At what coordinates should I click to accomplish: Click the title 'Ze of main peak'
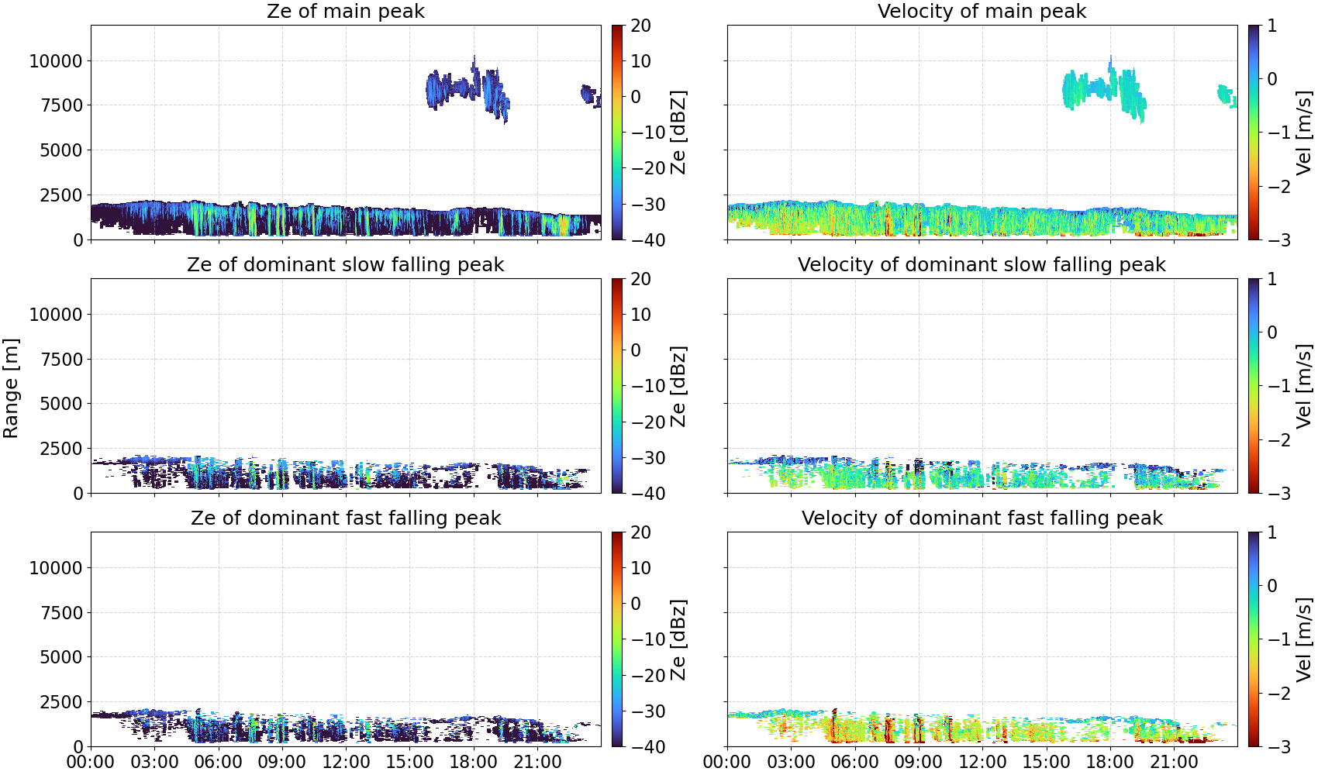[x=345, y=11]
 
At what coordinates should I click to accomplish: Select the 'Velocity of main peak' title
[x=982, y=11]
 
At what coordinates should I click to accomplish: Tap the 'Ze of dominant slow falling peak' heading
[x=345, y=264]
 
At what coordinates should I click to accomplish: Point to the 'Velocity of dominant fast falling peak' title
[x=982, y=518]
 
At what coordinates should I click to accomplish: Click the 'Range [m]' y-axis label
[x=11, y=388]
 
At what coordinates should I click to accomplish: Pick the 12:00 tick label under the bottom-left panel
[x=345, y=762]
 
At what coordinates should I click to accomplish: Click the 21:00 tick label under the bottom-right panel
[x=1174, y=762]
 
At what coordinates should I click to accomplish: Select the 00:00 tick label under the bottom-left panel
[x=91, y=762]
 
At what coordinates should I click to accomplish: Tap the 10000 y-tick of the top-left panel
[x=56, y=61]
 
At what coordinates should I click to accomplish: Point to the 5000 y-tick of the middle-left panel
[x=61, y=404]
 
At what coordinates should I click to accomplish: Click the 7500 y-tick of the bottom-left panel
[x=61, y=613]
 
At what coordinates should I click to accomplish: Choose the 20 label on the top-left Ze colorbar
[x=640, y=26]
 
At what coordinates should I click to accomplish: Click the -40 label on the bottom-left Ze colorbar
[x=648, y=747]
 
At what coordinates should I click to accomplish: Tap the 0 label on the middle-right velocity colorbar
[x=1272, y=332]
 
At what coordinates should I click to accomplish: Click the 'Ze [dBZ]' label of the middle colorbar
[x=678, y=386]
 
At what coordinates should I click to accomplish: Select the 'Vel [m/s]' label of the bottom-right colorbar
[x=1304, y=639]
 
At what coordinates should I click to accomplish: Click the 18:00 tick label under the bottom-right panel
[x=1110, y=762]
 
